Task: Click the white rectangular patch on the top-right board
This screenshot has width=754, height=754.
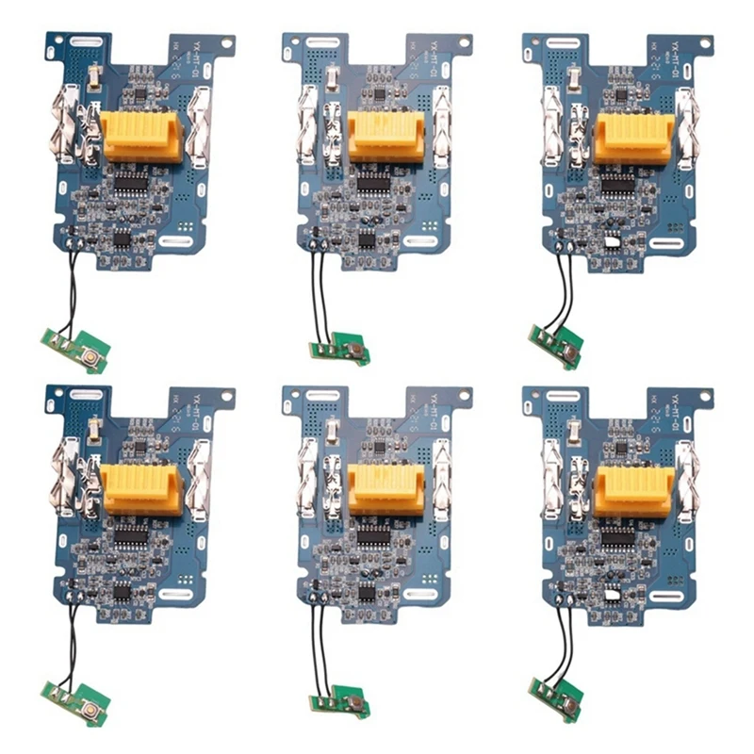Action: [x=613, y=242]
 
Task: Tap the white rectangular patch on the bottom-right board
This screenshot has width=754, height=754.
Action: [x=613, y=595]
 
